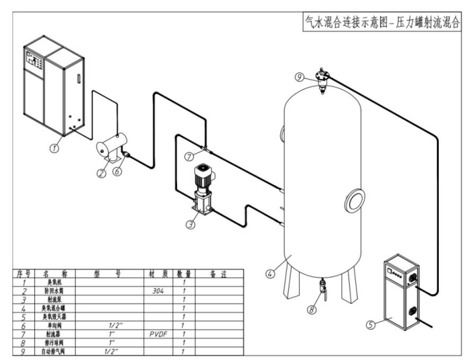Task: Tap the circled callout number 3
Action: tap(190, 224)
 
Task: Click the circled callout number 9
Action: tap(300, 77)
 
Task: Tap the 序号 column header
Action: tap(23, 274)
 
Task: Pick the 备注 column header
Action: tap(219, 274)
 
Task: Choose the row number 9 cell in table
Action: tap(23, 351)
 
